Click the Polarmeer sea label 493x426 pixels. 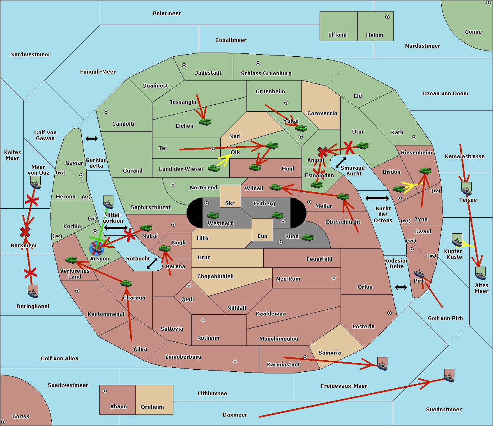(167, 14)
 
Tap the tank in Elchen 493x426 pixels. (205, 122)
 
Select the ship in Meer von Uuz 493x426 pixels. (36, 182)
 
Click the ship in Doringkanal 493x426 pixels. (33, 291)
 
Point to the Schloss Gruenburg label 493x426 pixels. (266, 73)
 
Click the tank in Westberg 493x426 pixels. (213, 216)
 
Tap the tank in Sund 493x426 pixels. (307, 237)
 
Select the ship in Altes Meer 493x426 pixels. (480, 273)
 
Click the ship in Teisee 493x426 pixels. (466, 189)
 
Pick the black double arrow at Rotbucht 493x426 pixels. (152, 263)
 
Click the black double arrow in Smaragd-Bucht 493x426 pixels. (341, 162)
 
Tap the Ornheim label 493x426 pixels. (152, 407)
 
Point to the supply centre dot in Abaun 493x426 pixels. (105, 391)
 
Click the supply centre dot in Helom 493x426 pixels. (387, 17)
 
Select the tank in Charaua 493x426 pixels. (126, 283)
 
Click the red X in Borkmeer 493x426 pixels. (25, 232)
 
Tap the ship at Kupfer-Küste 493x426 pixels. (457, 240)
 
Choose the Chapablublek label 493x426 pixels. (215, 276)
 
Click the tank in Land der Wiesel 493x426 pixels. (214, 168)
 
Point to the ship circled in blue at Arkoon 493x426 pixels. (97, 248)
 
